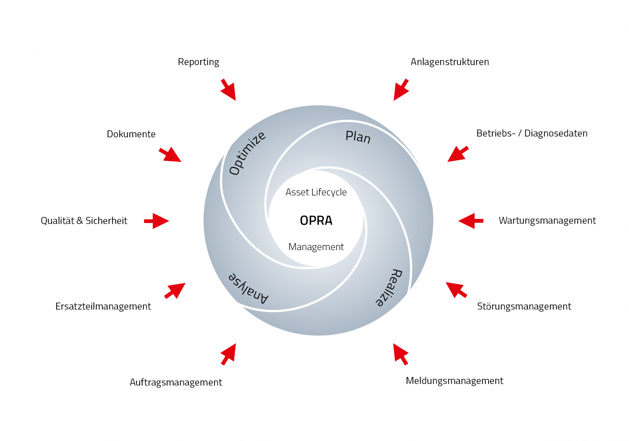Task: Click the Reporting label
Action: pos(198,62)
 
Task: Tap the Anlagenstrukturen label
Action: pos(450,62)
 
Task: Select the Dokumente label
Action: pos(131,134)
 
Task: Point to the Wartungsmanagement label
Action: pos(547,220)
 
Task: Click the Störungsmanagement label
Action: pos(524,306)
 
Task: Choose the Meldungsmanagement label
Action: pos(454,381)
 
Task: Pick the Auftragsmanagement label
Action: pos(176,382)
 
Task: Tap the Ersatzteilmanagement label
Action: pos(103,306)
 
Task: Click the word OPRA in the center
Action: pos(316,220)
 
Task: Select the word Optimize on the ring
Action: pos(247,153)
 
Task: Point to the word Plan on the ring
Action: pos(358,136)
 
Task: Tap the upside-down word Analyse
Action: pos(248,287)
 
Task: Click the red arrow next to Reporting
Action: pos(229,90)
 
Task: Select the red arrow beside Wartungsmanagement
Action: pos(471,220)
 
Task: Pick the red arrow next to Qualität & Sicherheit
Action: pos(156,220)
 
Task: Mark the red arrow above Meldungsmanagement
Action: pos(400,354)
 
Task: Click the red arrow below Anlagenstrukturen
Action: pos(401,90)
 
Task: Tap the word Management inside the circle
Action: pos(316,247)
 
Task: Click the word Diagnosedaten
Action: pos(556,133)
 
